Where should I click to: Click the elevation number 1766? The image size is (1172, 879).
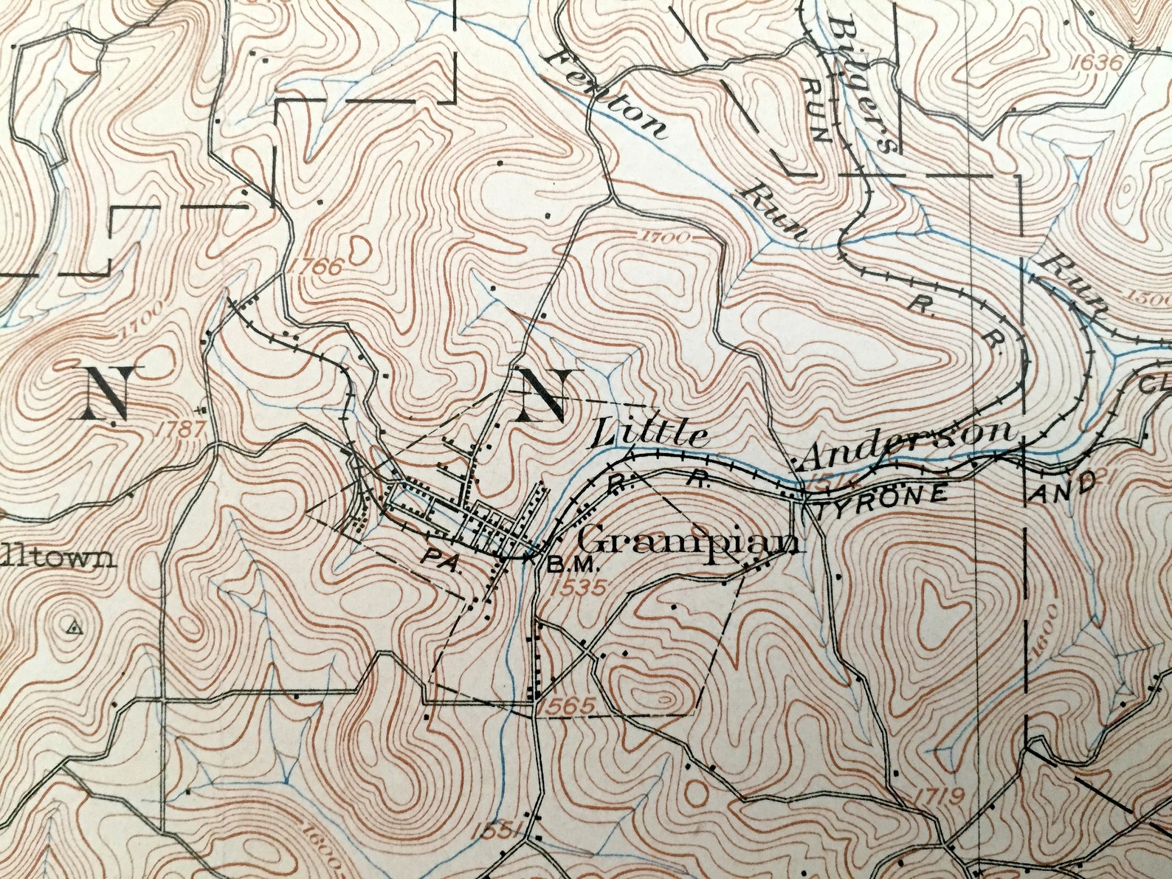tap(318, 266)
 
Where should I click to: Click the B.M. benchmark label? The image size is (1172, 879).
tap(571, 566)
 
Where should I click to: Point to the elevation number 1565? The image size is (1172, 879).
tap(567, 706)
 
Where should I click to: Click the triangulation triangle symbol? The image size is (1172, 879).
tap(72, 628)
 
